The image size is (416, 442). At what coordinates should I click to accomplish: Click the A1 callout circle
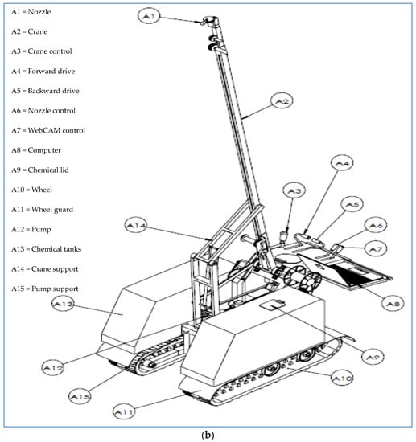[149, 16]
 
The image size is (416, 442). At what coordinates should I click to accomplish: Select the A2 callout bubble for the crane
[282, 100]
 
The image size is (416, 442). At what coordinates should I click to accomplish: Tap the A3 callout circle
[294, 190]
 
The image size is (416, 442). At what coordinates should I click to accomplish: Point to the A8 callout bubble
[393, 303]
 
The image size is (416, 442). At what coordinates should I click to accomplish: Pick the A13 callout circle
[64, 304]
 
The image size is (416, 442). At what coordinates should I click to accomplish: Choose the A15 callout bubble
[80, 396]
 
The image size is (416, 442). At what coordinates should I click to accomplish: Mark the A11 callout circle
[124, 411]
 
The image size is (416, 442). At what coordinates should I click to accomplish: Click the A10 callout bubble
[342, 378]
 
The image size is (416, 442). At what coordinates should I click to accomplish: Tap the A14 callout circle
[136, 225]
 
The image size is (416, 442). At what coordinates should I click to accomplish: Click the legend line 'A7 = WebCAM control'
[48, 130]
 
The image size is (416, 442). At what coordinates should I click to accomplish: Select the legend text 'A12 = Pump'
[31, 230]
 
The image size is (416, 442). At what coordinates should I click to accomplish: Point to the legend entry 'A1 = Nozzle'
[31, 12]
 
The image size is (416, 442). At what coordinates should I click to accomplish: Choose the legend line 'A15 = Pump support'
[45, 289]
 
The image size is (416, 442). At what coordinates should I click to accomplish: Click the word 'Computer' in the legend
[44, 150]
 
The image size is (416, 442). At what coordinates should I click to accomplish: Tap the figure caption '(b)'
[208, 435]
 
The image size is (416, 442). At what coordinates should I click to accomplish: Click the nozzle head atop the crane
[209, 20]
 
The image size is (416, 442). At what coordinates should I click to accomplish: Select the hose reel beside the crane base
[302, 278]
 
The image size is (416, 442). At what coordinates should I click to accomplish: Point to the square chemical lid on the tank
[272, 304]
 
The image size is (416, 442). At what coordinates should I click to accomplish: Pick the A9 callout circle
[373, 356]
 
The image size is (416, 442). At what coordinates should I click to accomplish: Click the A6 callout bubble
[376, 225]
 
